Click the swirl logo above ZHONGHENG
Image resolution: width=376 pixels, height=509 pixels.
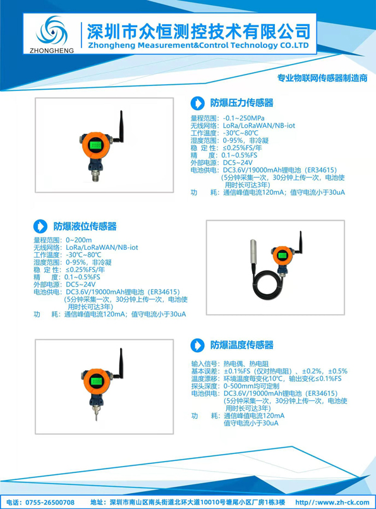click(52, 32)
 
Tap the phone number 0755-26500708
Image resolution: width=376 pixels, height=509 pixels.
click(50, 503)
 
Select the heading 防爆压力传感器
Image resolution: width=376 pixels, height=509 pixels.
click(241, 103)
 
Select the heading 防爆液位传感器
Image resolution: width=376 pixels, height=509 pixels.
click(85, 226)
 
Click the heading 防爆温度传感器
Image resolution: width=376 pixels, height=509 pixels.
click(241, 345)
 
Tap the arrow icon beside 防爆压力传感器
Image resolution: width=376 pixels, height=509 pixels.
click(198, 103)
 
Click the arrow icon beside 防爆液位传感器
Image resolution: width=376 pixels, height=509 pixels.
click(40, 226)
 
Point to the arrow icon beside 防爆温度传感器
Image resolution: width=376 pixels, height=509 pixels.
click(198, 345)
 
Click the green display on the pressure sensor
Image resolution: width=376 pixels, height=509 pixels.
click(95, 145)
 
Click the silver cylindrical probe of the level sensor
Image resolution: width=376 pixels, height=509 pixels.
click(253, 252)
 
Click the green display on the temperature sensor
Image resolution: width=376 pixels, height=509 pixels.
click(96, 381)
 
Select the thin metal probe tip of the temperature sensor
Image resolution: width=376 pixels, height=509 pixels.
click(96, 414)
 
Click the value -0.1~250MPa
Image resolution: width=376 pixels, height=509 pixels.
click(244, 118)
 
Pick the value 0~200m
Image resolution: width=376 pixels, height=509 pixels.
click(79, 240)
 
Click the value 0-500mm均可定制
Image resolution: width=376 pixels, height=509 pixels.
click(252, 386)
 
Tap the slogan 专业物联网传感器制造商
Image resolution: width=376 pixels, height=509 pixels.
click(322, 78)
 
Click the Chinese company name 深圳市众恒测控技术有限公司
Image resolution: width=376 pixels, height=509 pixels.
click(198, 32)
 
